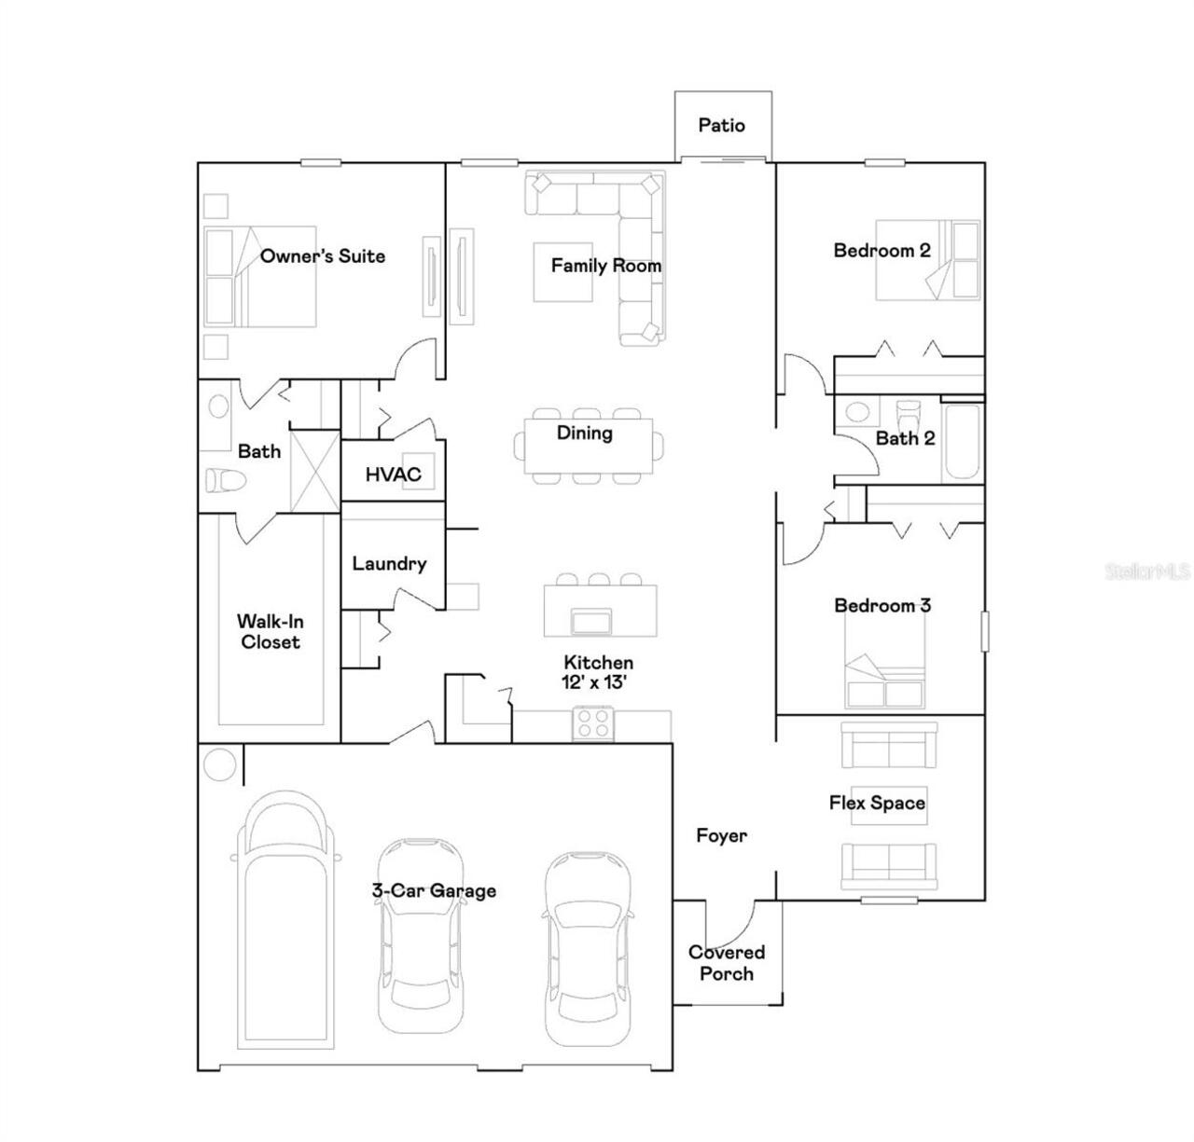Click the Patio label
tap(722, 125)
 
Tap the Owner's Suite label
tap(322, 256)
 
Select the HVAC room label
tap(393, 475)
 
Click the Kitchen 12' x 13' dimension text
tap(598, 682)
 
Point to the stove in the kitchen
tap(591, 723)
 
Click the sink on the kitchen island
tap(591, 621)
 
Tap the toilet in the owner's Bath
tap(224, 481)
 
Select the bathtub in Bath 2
tap(962, 442)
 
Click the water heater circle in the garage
tap(220, 765)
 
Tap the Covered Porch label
tap(727, 963)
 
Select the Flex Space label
tap(877, 803)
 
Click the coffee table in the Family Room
tap(562, 272)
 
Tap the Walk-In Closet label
tap(270, 631)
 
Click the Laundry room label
tap(389, 564)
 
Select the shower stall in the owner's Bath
tap(314, 470)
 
